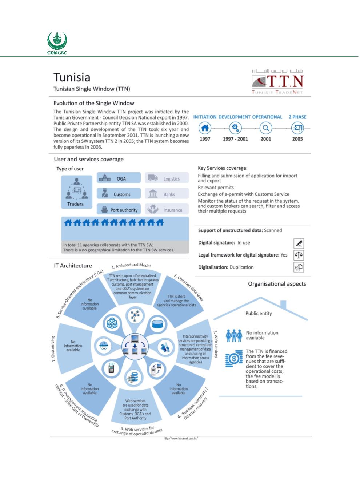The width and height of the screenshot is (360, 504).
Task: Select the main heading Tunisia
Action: tap(72, 77)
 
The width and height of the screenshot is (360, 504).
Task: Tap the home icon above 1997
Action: tap(205, 128)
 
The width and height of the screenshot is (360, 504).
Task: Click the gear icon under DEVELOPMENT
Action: tap(236, 128)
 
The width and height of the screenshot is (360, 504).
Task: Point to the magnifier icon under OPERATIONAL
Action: tap(266, 128)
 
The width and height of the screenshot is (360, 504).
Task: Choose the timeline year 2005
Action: tap(297, 139)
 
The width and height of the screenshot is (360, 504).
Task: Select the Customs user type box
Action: tap(119, 194)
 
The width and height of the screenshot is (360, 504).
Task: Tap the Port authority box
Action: tap(119, 210)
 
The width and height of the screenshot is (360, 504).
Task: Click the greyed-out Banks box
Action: tap(167, 194)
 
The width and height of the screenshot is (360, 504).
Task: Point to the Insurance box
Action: tap(167, 210)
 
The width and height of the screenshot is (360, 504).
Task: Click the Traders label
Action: tap(75, 204)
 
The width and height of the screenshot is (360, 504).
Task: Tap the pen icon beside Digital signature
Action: tap(299, 243)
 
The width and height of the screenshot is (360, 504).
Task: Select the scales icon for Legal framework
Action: tap(299, 255)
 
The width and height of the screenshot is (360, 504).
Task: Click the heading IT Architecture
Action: tap(73, 266)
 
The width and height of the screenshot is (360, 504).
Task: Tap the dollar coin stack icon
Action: tap(234, 359)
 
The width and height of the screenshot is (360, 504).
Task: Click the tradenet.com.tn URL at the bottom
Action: tap(181, 438)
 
